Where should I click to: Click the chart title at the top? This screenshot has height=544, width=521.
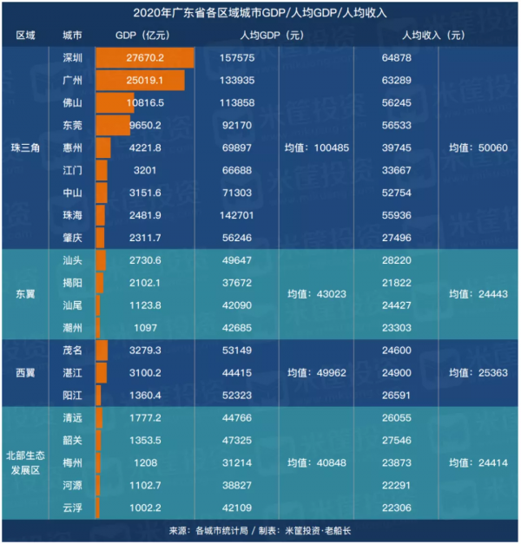tap(260, 13)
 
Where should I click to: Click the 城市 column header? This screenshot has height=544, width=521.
tap(73, 36)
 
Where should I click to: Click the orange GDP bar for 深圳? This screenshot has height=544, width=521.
tap(143, 57)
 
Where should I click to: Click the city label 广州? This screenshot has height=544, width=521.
tap(73, 80)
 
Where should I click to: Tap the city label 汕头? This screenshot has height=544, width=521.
tap(73, 260)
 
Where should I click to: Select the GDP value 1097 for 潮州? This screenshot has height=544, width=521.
tap(144, 328)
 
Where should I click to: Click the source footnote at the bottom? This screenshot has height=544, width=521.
tap(260, 530)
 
